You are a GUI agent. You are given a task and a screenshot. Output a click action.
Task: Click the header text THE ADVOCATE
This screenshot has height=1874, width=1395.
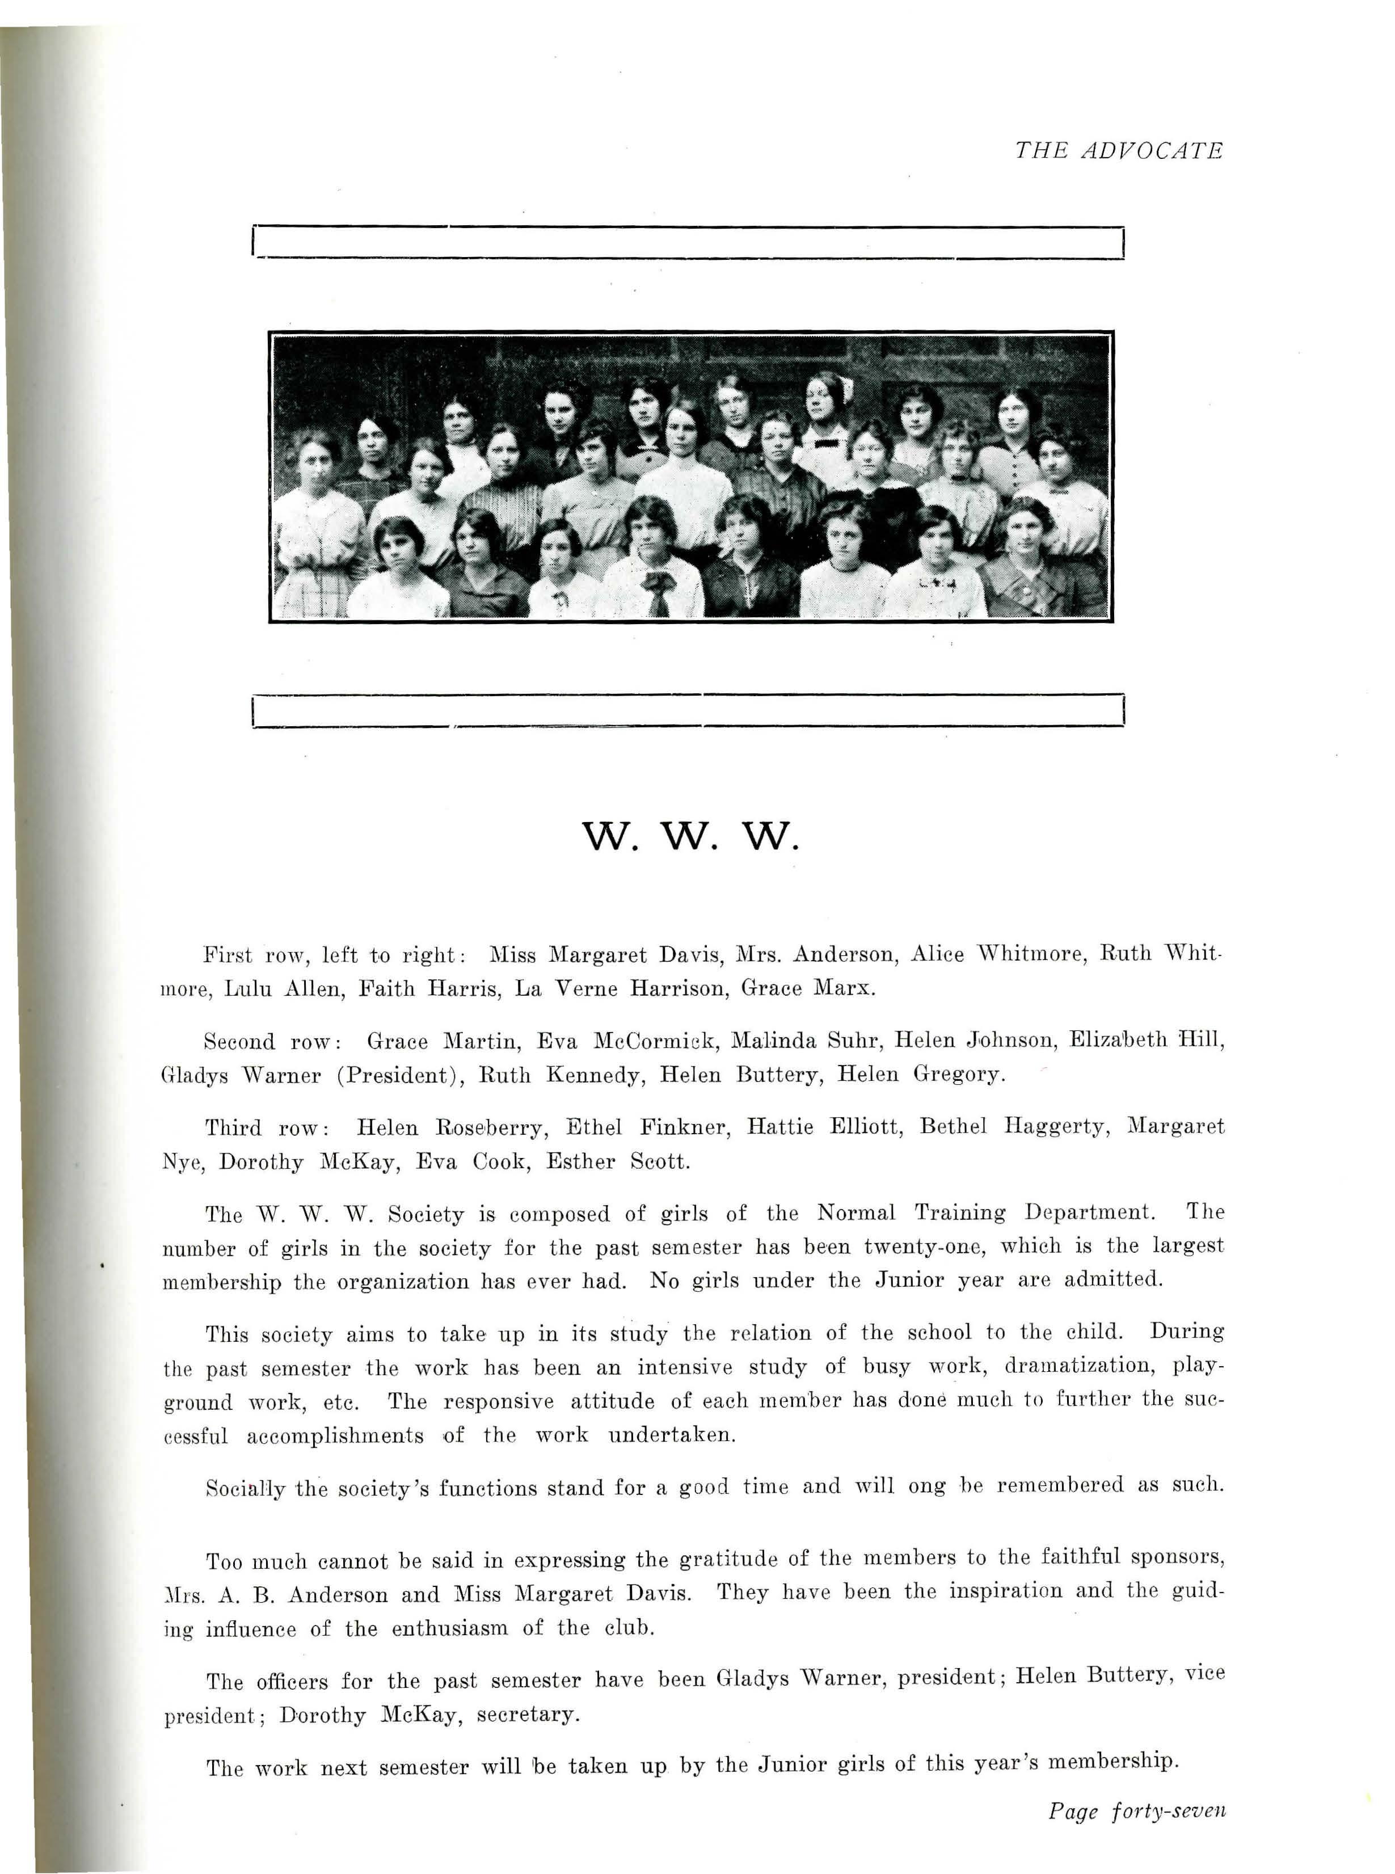point(1118,151)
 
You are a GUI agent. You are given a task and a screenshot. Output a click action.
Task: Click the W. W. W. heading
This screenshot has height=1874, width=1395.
point(690,837)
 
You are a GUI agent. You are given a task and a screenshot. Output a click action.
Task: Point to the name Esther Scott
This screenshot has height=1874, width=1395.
point(618,1161)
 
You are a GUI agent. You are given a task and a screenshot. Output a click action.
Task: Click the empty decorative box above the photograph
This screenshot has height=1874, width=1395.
point(688,242)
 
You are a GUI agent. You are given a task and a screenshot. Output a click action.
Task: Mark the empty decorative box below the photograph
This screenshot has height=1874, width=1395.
point(688,710)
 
